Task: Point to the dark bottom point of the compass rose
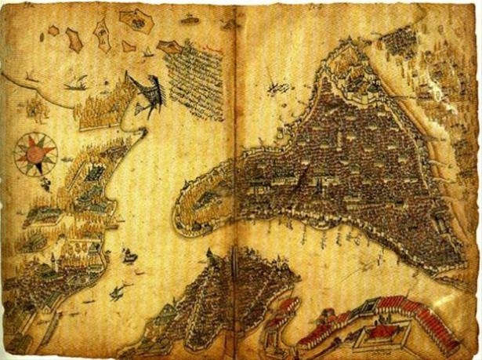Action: (34, 174)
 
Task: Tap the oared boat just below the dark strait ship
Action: (118, 293)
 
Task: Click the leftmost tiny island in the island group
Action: (53, 31)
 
